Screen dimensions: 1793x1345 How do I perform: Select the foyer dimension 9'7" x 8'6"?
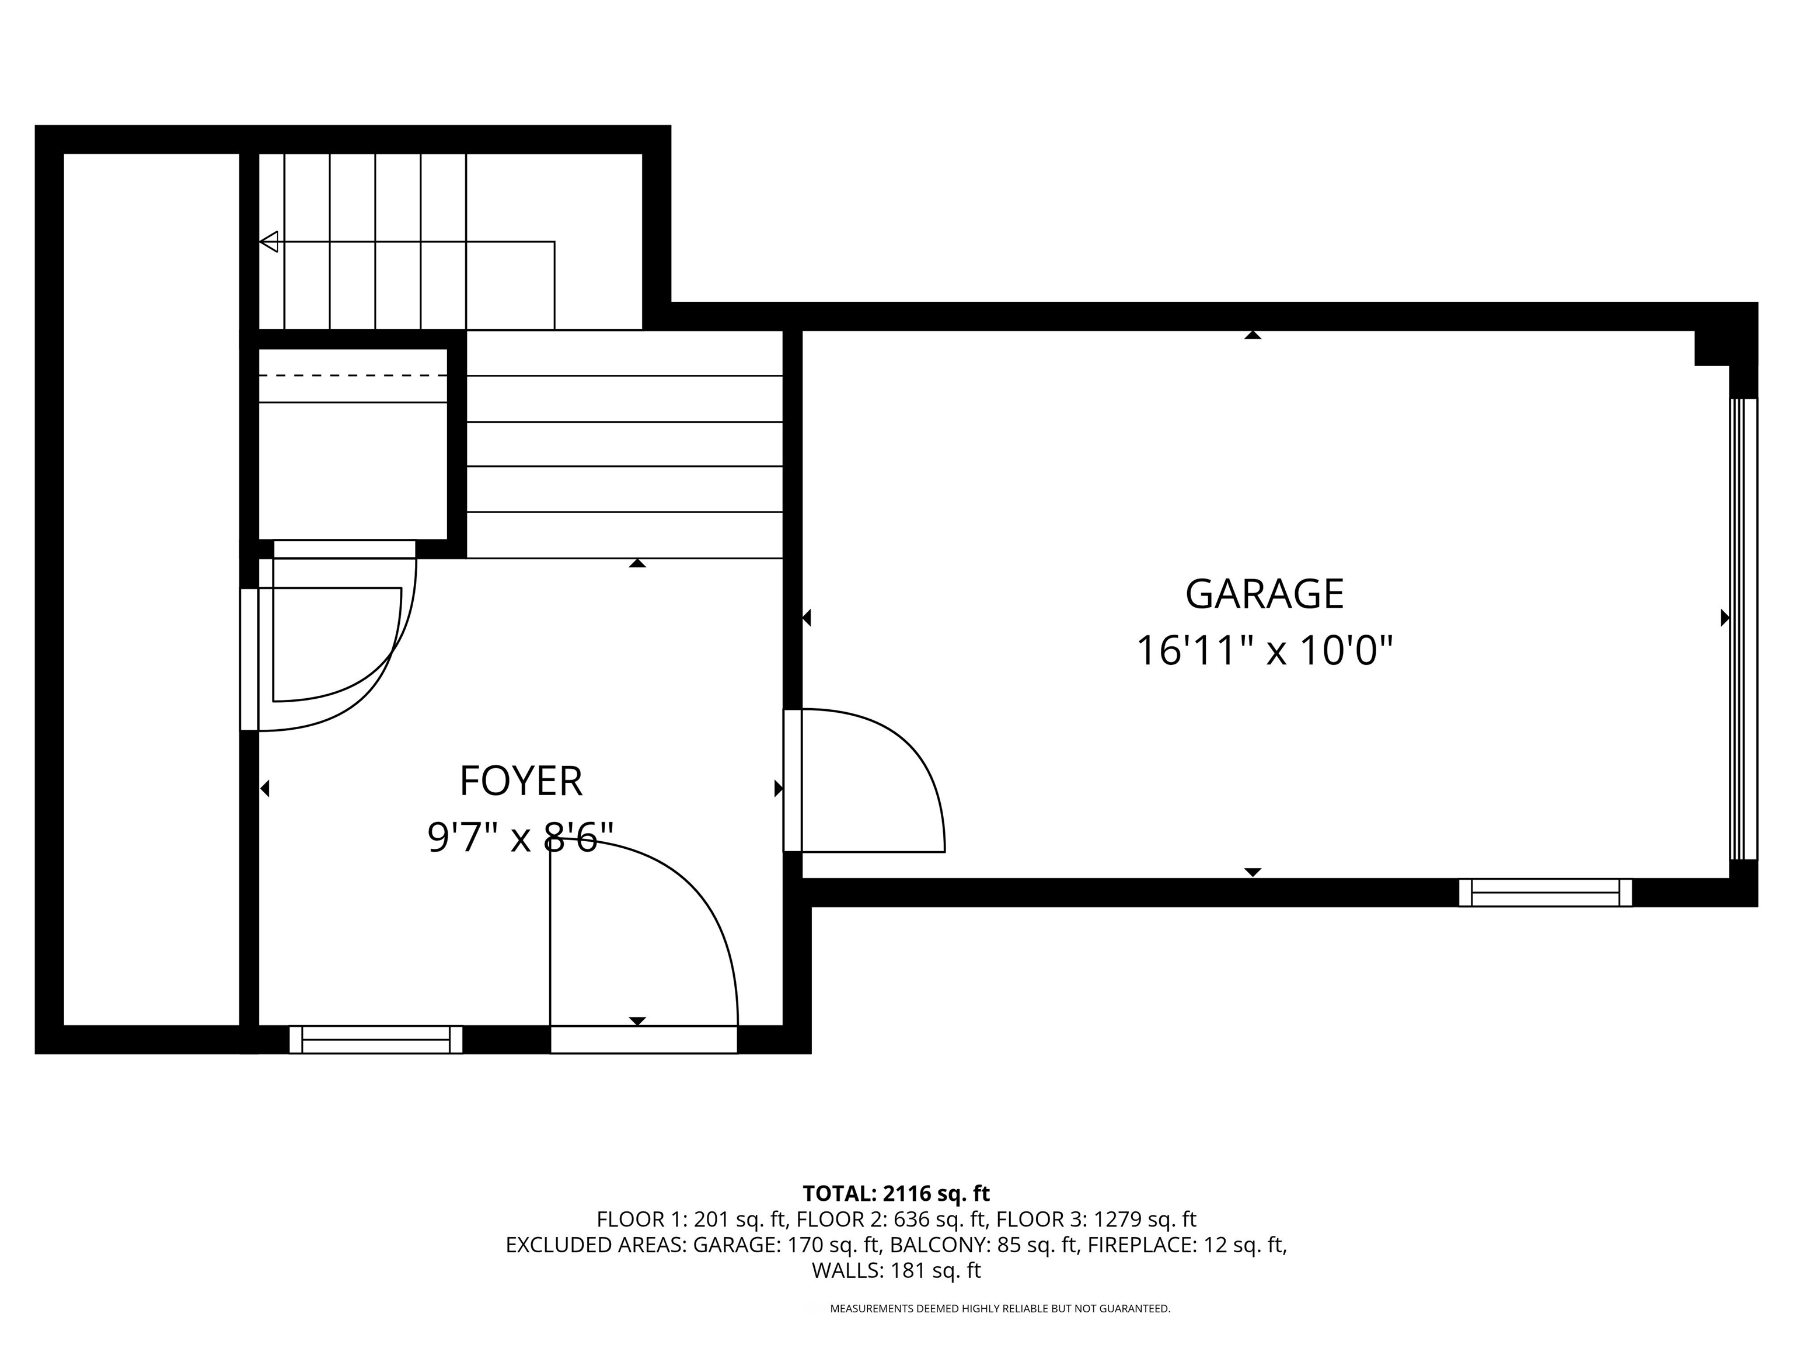point(521,838)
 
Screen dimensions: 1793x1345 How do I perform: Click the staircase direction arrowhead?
point(268,242)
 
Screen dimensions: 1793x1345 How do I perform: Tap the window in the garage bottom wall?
point(1545,893)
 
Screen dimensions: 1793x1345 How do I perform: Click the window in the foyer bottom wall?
point(376,1039)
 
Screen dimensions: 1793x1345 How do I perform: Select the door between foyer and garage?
point(864,780)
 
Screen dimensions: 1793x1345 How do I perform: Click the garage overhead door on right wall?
point(1743,628)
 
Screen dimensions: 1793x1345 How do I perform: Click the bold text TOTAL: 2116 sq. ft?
point(896,1193)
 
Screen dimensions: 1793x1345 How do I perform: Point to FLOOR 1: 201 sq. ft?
point(692,1219)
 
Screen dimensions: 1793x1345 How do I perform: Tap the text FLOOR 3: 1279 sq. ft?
point(1096,1219)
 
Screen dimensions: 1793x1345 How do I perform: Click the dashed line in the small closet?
point(353,375)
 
